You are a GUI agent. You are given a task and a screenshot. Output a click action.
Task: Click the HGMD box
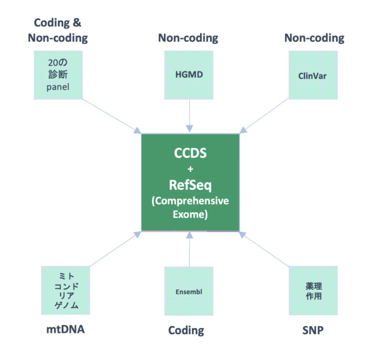coord(188,75)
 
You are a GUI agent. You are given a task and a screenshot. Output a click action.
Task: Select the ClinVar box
coord(312,75)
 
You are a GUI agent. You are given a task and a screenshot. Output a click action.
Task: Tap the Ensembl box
coord(188,292)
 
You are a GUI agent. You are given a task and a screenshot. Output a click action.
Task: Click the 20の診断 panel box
coord(59,75)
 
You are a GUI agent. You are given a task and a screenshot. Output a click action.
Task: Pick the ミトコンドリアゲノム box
coord(66,290)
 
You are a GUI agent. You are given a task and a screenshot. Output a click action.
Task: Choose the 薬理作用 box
coord(312,290)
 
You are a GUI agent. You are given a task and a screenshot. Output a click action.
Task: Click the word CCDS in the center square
coord(190,153)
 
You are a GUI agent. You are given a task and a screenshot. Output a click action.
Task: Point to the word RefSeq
coord(190,184)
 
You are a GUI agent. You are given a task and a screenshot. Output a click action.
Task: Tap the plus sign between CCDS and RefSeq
coord(190,169)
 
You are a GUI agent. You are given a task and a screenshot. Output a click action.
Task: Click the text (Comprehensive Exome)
coord(190,207)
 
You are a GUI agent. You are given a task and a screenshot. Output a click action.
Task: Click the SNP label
coord(312,330)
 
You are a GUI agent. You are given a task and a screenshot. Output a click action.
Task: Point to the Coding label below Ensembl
coord(186,330)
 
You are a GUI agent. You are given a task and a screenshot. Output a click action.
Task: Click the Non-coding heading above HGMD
coord(188,38)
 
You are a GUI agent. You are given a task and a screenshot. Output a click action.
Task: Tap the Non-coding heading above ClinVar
coord(314,38)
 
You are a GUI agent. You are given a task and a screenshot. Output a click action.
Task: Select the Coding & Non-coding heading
coord(58,30)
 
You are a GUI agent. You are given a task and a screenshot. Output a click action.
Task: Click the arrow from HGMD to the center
coord(189,116)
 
